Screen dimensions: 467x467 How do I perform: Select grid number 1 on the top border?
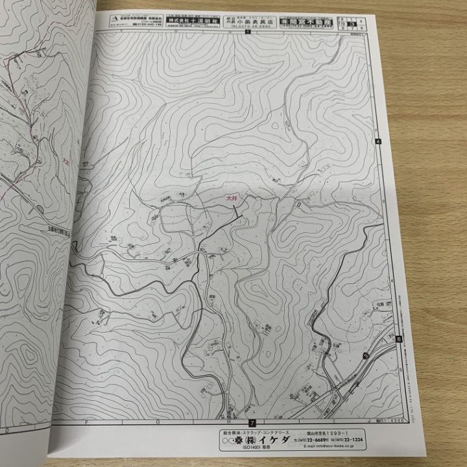click(x=247, y=32)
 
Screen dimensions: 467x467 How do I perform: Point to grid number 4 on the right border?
click(x=377, y=142)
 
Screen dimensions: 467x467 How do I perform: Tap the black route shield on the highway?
click(x=365, y=355)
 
